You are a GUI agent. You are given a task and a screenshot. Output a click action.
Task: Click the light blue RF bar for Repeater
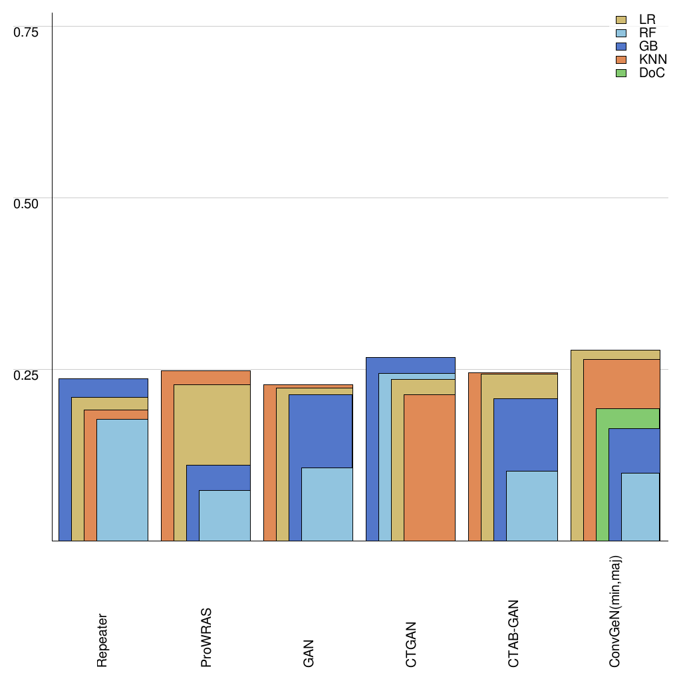tap(122, 479)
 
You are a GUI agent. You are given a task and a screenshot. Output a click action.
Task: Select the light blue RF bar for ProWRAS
tap(225, 515)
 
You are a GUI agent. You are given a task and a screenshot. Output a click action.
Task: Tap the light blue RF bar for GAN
tap(327, 504)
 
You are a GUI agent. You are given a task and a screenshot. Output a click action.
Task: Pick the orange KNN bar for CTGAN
tap(430, 468)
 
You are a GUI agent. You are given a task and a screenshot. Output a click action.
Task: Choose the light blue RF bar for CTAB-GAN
tap(532, 505)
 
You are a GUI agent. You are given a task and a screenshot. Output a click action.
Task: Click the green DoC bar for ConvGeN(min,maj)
tap(603, 474)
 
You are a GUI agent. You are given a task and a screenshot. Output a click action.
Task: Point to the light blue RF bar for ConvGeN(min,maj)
tap(640, 507)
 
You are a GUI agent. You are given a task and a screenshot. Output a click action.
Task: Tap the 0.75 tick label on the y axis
tap(27, 32)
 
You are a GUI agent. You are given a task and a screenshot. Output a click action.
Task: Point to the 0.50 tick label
tap(27, 203)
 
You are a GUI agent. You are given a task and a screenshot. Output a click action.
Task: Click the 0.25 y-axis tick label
tap(27, 374)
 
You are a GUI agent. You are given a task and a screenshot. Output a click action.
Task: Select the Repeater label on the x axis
tap(102, 640)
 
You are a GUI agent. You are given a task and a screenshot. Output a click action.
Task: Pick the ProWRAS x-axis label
tap(205, 637)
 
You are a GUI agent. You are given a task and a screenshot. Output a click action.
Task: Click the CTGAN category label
tap(411, 644)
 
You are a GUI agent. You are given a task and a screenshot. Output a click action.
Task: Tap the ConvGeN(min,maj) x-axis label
tap(616, 611)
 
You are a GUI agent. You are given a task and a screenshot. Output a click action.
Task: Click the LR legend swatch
tap(622, 20)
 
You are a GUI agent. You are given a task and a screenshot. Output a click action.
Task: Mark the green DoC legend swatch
tap(622, 73)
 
